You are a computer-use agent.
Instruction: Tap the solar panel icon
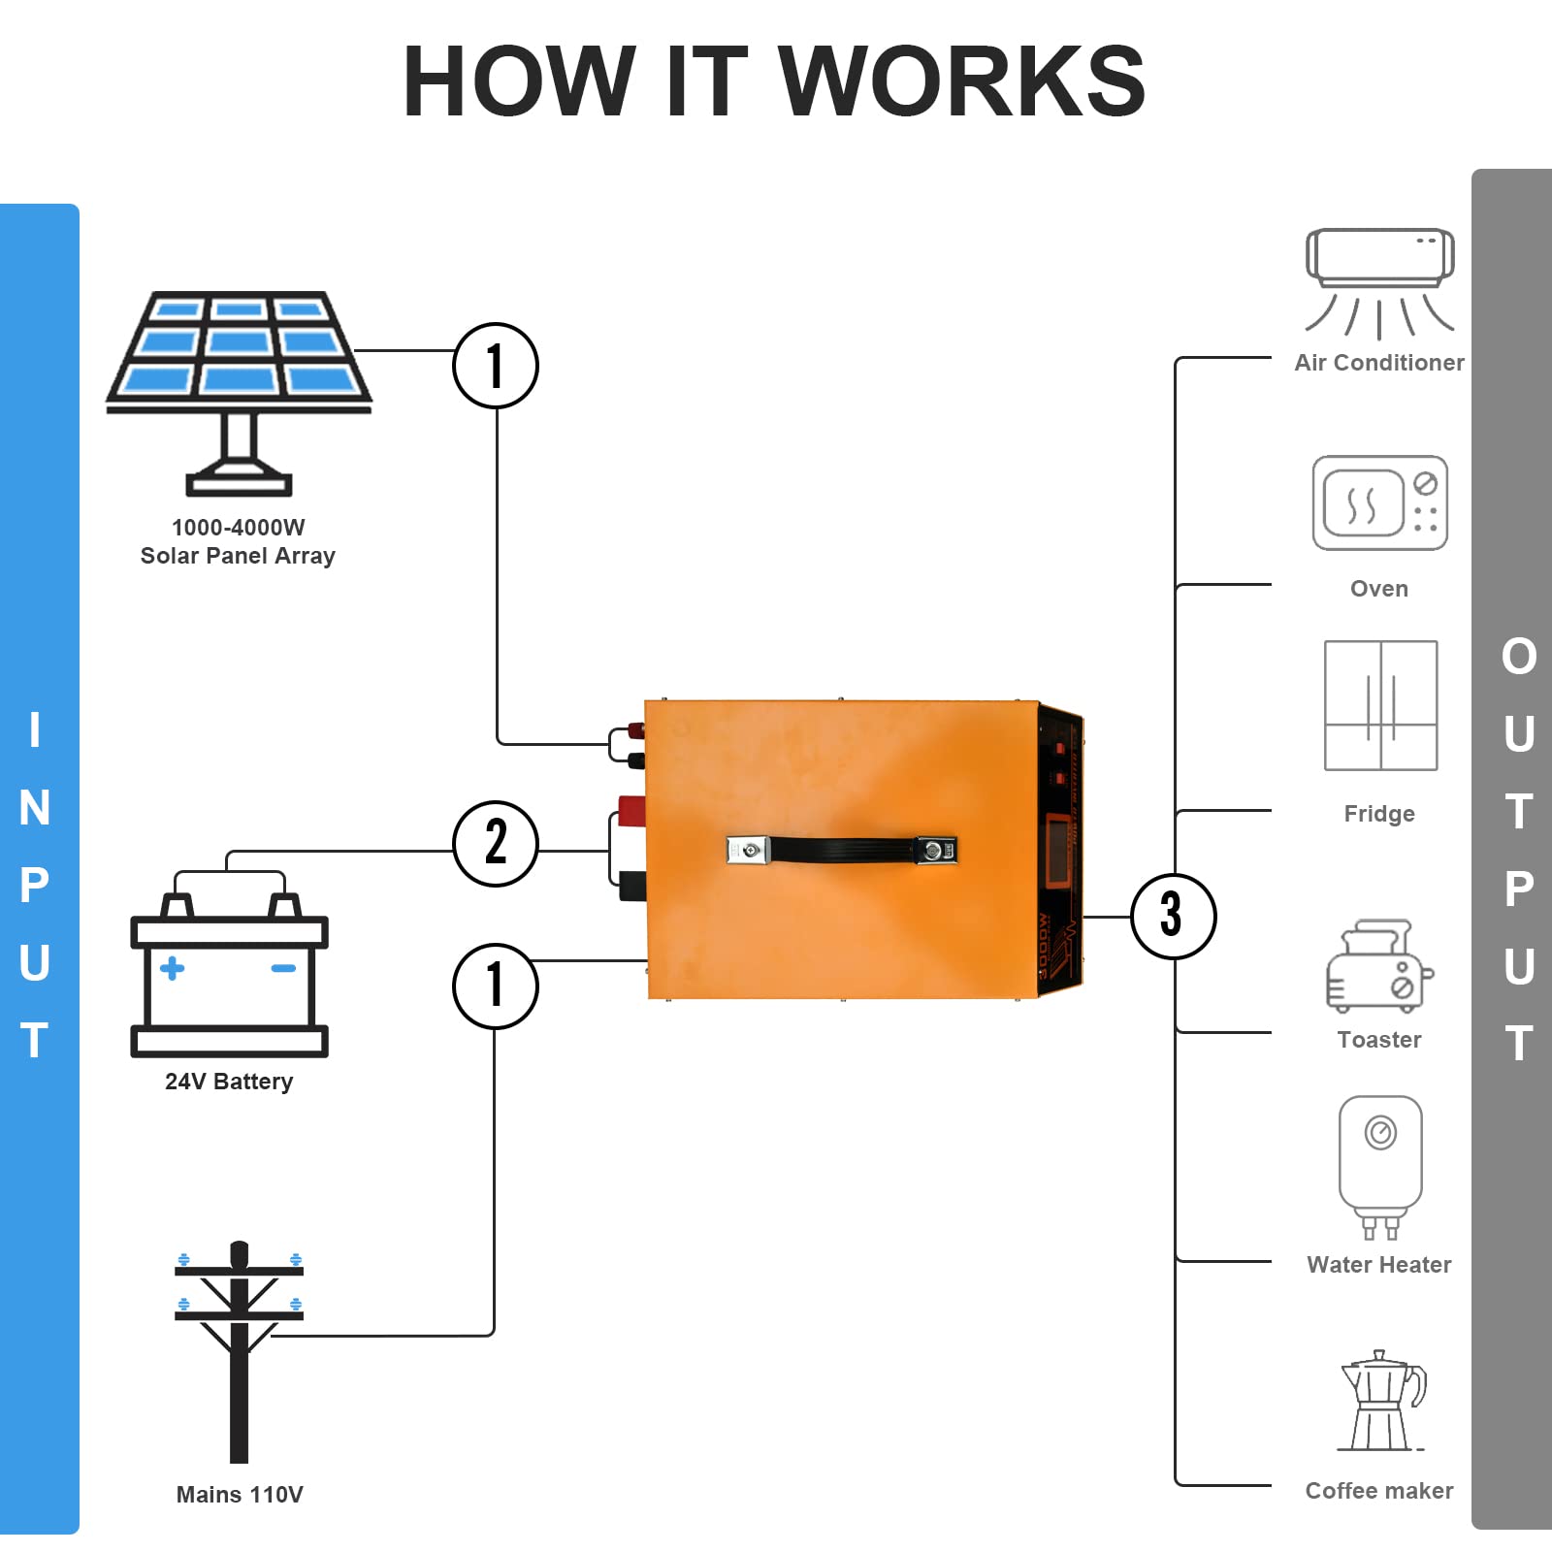239,388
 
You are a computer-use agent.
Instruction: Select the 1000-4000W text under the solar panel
238,528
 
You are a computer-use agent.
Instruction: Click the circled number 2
496,843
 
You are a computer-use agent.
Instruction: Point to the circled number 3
1173,916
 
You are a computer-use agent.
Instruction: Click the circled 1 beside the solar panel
496,366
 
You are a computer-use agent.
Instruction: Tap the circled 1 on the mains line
496,986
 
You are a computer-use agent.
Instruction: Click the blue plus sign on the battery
172,968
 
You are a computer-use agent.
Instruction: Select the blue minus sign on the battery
283,968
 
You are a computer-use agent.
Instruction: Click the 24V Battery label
229,1082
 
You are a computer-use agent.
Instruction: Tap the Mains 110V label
240,1495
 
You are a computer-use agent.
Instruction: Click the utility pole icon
239,1348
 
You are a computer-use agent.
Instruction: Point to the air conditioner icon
1379,281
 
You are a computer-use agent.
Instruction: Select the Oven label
1378,589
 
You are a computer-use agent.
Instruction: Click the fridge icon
1380,705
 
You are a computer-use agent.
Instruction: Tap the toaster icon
1378,966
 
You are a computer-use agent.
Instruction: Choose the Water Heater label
1378,1265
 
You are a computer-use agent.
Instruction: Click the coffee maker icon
1381,1402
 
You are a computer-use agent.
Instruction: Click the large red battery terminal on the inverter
631,808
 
